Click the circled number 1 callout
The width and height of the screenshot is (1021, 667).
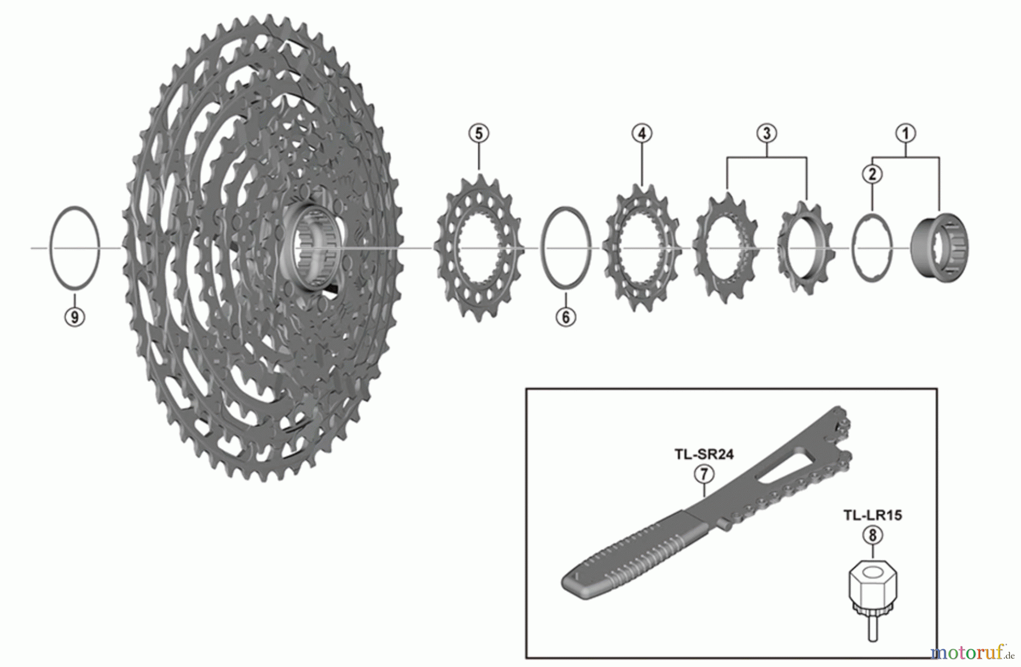tap(905, 134)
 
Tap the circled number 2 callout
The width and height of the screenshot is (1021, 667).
tap(872, 174)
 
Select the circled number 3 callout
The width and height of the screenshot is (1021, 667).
tap(766, 134)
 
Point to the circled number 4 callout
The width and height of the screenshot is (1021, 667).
tap(642, 134)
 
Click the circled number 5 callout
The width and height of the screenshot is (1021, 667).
tap(479, 134)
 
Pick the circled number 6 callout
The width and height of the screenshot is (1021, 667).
tap(566, 317)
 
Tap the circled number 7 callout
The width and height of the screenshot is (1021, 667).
tap(703, 474)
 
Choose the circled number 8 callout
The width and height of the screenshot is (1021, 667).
tap(872, 535)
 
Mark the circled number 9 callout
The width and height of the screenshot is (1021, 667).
tap(74, 317)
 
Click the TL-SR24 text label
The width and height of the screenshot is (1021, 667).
tap(703, 454)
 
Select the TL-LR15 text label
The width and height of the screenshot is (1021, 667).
tap(872, 515)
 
